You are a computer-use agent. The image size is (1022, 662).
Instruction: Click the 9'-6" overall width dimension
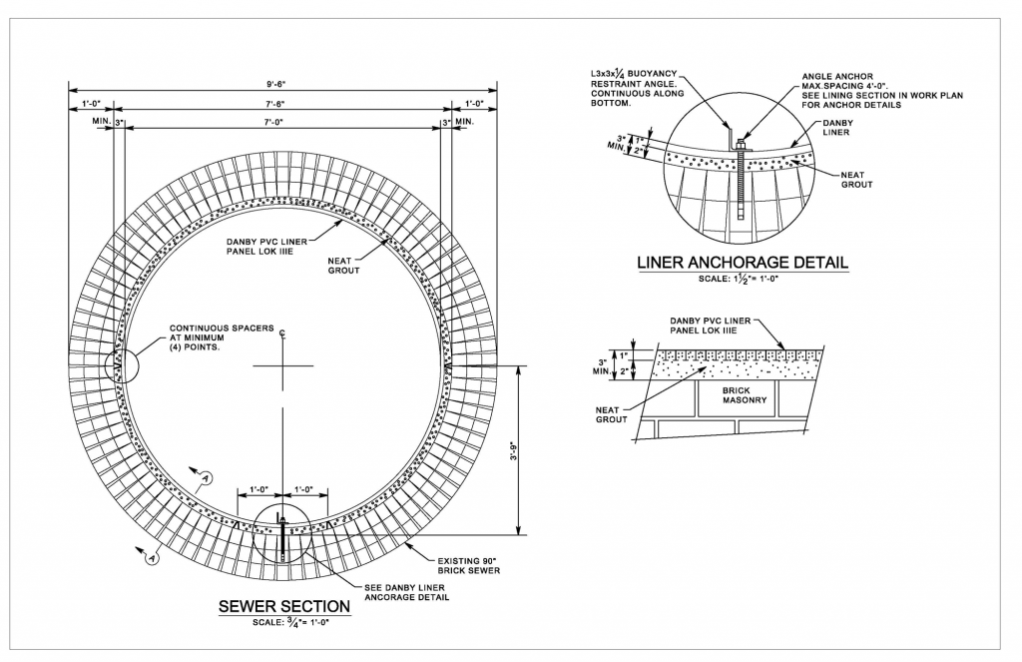[x=281, y=84]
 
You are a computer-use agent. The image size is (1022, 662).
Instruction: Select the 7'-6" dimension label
[x=281, y=103]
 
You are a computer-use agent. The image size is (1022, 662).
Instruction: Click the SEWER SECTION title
[x=283, y=606]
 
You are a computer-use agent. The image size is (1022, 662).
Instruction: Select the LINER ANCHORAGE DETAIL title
[x=742, y=263]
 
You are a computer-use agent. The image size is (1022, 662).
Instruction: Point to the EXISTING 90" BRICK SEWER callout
[x=470, y=564]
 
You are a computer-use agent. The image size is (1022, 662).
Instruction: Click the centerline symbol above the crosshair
[x=283, y=332]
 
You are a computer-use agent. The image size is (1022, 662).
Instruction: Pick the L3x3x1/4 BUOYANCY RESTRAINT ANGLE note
[x=635, y=89]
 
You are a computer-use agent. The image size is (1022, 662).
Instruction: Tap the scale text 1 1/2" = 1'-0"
[x=742, y=280]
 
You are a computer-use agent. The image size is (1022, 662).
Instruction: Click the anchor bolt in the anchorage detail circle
[x=741, y=180]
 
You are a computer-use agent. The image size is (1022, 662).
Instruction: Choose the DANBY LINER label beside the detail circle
[x=836, y=126]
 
